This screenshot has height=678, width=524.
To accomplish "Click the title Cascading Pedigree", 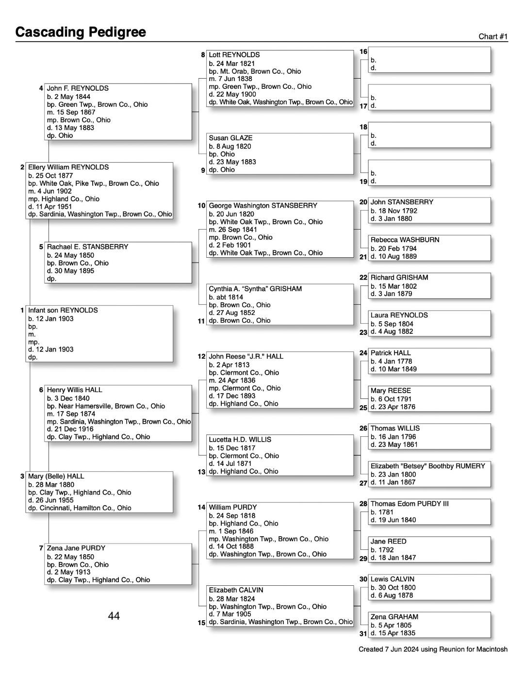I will tap(81, 32).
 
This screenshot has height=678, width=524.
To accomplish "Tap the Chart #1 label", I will tap(493, 36).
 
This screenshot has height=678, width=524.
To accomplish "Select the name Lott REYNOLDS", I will tap(234, 55).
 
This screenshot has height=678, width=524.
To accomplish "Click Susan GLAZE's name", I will tap(230, 138).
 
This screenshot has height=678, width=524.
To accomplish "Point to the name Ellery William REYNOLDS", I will tap(68, 167).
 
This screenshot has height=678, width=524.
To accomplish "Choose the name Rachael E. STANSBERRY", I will tap(87, 247).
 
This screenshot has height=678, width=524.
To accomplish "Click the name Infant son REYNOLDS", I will tap(63, 310).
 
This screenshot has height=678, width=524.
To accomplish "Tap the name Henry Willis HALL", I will tap(74, 390).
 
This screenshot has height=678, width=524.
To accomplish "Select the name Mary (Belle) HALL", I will tap(56, 476).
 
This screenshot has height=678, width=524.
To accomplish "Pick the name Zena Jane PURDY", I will tap(76, 548).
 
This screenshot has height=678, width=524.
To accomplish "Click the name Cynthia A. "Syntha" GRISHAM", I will tap(255, 289).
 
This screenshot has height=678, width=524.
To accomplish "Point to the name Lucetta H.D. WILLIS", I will tap(240, 439).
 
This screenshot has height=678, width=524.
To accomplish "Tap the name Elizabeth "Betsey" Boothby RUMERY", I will tap(427, 466).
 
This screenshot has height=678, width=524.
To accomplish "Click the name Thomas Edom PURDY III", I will tap(409, 504).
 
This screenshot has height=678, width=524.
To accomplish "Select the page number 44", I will tap(114, 616).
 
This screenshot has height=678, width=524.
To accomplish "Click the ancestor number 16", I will tap(363, 51).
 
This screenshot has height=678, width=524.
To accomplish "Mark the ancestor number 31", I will tap(363, 633).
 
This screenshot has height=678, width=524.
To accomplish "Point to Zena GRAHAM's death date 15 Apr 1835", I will tap(396, 633).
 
